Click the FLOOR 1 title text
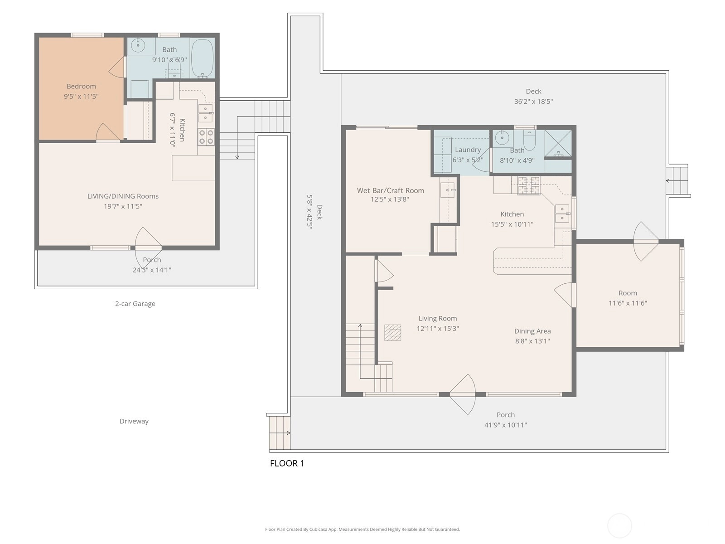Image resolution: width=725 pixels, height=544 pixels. click(287, 463)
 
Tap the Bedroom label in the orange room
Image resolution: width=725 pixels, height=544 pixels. click(81, 86)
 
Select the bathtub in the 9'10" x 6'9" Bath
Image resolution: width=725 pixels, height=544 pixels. click(202, 58)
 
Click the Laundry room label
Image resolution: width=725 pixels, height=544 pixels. click(468, 150)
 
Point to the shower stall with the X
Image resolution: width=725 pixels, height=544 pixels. click(558, 143)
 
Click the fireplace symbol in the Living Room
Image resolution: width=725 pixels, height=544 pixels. click(393, 333)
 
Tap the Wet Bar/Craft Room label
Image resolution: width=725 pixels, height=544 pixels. click(390, 190)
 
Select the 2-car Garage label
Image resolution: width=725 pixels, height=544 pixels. click(135, 304)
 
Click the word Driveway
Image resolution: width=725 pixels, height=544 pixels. click(134, 421)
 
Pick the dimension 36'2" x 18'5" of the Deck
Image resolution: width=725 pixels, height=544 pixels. click(533, 102)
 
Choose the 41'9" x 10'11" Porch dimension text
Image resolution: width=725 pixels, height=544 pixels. click(505, 425)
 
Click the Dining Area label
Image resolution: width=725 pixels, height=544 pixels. click(532, 331)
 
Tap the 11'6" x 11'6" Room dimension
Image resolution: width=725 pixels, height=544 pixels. click(628, 303)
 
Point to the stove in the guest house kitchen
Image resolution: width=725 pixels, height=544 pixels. click(206, 137)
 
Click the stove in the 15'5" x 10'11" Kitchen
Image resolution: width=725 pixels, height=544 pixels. click(528, 185)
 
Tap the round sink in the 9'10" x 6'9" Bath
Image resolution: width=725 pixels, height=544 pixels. click(138, 46)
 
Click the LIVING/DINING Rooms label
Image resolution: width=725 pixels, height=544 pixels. click(123, 196)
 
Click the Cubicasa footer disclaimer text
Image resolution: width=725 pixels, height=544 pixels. click(362, 529)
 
